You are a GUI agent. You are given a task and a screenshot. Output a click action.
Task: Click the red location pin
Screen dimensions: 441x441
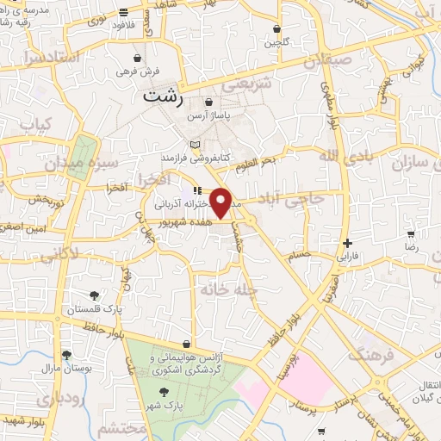221,202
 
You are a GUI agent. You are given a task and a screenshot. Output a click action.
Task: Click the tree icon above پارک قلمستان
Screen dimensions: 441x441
95,294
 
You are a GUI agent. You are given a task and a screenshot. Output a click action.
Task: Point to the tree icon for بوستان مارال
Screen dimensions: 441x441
66,353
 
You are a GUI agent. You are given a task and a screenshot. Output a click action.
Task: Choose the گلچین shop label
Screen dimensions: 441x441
276,41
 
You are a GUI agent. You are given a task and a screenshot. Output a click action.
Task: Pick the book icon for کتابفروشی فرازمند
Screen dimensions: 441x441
195,145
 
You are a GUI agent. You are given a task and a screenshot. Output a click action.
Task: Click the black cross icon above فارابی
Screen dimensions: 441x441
347,243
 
